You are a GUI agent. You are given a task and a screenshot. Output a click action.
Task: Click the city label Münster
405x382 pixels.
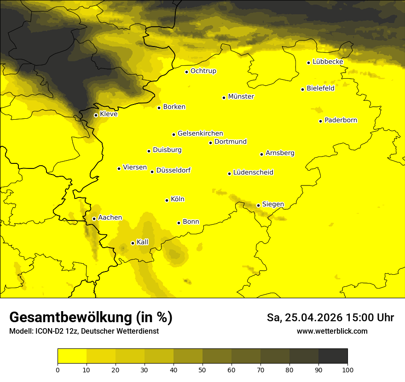point(241,97)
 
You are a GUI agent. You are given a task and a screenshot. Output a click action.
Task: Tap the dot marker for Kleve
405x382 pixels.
point(96,115)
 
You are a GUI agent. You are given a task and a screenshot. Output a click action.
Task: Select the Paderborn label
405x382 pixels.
point(341,120)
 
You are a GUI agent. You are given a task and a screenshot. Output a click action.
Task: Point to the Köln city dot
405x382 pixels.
point(167,200)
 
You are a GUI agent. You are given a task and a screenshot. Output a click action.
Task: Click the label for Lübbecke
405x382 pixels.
point(328,62)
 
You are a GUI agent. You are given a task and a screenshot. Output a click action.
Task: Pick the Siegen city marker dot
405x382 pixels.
point(258,205)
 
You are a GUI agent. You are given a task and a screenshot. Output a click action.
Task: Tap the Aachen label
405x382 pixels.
point(110,218)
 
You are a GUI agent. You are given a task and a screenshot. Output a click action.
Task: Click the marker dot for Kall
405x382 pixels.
point(133,243)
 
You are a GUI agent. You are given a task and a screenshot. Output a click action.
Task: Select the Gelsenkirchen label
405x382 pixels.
point(200,133)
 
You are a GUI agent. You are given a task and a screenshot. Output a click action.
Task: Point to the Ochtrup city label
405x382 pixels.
point(203,71)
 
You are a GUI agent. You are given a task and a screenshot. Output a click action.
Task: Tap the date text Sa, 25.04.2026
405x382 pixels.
point(304,318)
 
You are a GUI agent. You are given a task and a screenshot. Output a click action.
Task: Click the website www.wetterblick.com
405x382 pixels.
point(332,331)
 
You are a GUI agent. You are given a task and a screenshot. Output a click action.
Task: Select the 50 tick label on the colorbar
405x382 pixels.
point(202,369)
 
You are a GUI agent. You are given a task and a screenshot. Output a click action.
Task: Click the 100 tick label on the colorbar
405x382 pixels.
point(347,369)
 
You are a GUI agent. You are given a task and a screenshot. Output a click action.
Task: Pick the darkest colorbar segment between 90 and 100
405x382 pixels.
point(333,356)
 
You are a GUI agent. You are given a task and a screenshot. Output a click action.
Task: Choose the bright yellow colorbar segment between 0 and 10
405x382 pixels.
point(72,356)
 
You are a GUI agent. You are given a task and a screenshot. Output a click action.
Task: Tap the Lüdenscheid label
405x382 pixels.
point(253,173)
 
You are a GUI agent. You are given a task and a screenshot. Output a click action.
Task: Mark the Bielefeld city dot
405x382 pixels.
point(302,89)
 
